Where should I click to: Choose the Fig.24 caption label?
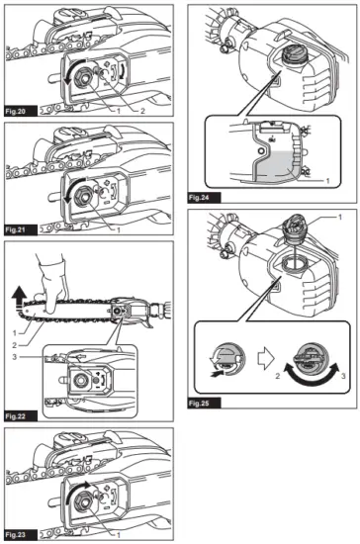204,196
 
